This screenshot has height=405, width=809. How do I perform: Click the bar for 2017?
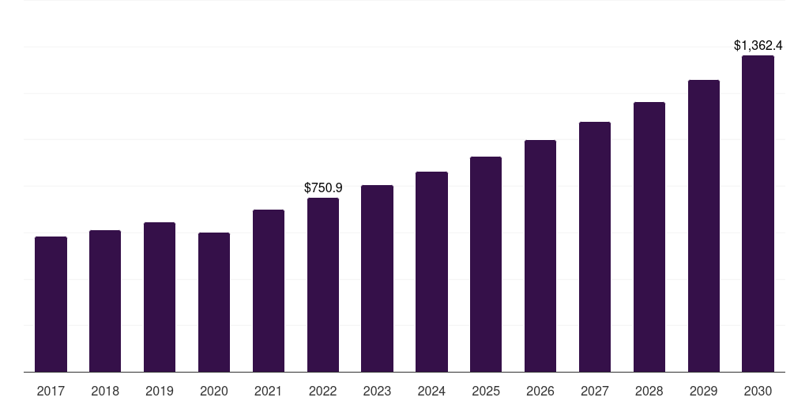tap(51, 305)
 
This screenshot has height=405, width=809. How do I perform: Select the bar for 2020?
tap(214, 302)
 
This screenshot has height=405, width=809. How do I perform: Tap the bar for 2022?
tap(323, 285)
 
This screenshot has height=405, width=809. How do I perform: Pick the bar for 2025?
tap(486, 264)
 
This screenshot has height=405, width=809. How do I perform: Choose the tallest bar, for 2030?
tap(758, 214)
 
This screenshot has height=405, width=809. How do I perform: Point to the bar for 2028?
tap(649, 237)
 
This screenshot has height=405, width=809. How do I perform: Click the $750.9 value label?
tap(323, 187)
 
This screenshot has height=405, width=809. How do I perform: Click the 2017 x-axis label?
tap(51, 391)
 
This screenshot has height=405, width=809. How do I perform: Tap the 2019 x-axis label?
tap(160, 391)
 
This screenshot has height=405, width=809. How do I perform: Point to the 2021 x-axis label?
tap(269, 391)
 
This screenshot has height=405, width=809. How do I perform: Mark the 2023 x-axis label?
tap(377, 391)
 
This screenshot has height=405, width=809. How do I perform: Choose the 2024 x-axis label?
tap(431, 391)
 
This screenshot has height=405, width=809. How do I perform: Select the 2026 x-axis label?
tap(540, 391)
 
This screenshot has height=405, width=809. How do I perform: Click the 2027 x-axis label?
tap(595, 391)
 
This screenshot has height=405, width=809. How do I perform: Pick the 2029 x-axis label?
tap(704, 391)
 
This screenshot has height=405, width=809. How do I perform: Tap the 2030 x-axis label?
tap(758, 391)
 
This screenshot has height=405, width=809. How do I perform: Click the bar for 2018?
tap(105, 301)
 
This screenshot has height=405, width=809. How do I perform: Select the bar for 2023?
tap(377, 278)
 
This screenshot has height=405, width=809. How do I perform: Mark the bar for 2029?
tap(704, 226)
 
